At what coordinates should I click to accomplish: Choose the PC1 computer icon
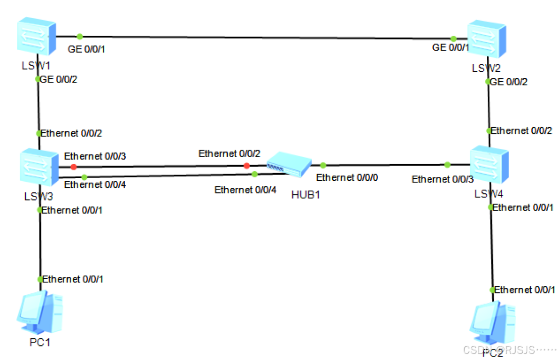pyautogui.click(x=40, y=313)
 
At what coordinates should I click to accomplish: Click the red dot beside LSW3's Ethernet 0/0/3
pyautogui.click(x=73, y=167)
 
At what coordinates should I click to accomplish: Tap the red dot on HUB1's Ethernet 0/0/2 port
pyautogui.click(x=246, y=166)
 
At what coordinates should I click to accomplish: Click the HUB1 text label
pyautogui.click(x=306, y=194)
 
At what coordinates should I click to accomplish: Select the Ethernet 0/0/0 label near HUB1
pyautogui.click(x=347, y=178)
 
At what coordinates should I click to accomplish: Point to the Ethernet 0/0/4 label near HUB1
pyautogui.click(x=245, y=190)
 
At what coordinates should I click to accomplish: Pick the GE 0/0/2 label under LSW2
pyautogui.click(x=509, y=82)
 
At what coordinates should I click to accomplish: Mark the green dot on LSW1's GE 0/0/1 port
pyautogui.click(x=79, y=36)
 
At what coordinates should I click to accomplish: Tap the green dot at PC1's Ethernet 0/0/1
pyautogui.click(x=40, y=279)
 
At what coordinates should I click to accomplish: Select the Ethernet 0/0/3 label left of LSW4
pyautogui.click(x=442, y=179)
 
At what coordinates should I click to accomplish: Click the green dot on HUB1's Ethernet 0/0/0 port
pyautogui.click(x=323, y=165)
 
